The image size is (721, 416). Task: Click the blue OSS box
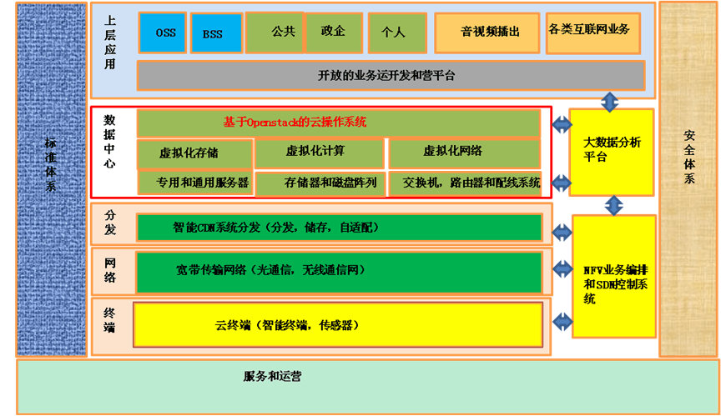coord(164,32)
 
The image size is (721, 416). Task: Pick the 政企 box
coord(333,32)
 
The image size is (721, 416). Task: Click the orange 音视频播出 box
coord(487,33)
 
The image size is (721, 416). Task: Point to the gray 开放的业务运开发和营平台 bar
coord(391,75)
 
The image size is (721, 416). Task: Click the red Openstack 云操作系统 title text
coord(295,122)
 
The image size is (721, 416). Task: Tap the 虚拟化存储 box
coord(194,153)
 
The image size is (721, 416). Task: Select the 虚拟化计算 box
coord(319,152)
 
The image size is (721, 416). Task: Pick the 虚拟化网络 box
coord(464,152)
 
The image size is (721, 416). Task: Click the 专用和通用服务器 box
coord(194,183)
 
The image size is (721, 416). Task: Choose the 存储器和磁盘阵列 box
coord(320,183)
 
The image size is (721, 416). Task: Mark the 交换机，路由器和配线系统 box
coord(464,183)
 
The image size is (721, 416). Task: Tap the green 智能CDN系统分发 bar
coord(339,227)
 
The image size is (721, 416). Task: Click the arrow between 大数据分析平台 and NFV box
coord(614,204)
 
